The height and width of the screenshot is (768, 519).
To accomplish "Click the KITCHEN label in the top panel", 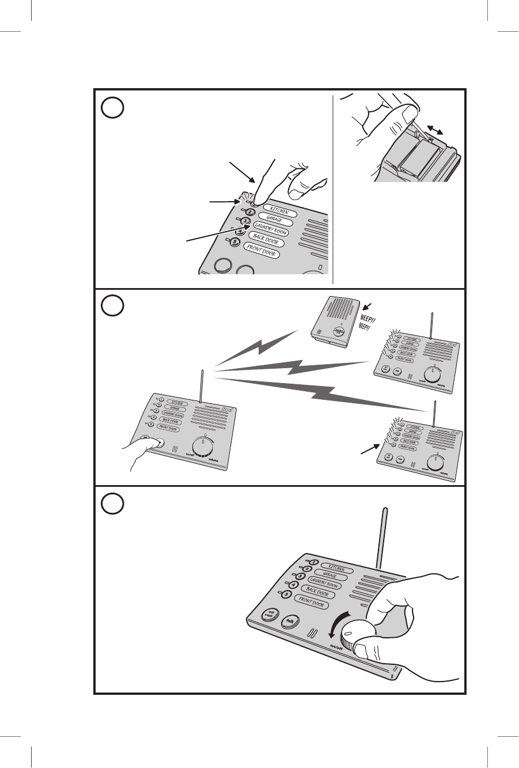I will click(276, 211).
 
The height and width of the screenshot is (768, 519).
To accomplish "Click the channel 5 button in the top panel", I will click(234, 243).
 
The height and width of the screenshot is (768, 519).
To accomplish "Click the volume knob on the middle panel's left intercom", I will click(202, 447).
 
